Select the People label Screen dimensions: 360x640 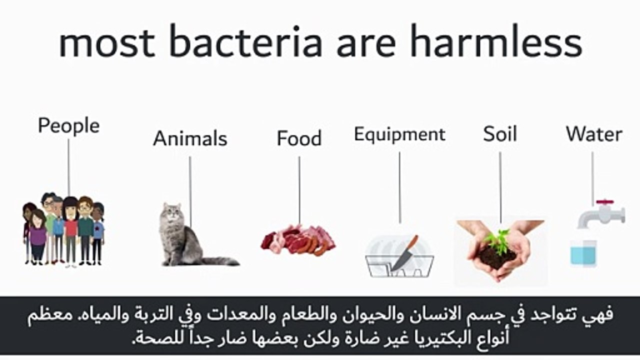(68, 125)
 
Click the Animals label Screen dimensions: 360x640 (190, 138)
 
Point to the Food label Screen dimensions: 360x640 (299, 138)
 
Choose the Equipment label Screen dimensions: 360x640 (399, 134)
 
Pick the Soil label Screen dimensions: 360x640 (499, 134)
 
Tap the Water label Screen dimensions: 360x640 (594, 134)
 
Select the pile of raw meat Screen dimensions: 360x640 (298, 238)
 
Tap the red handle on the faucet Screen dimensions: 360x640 (604, 202)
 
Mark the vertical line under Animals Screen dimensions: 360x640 (190, 190)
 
